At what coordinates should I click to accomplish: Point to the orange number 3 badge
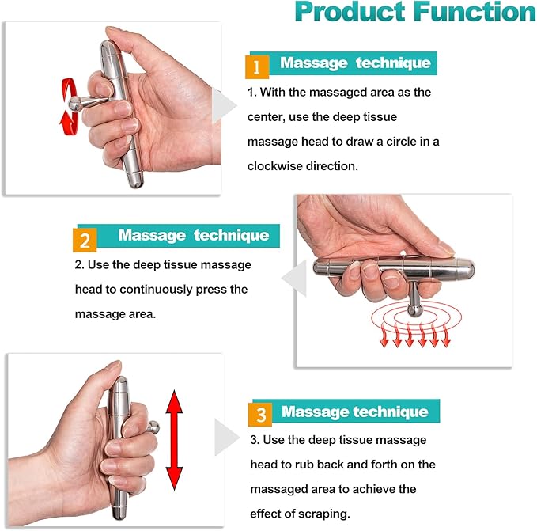[x=260, y=414]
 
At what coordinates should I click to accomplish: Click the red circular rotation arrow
[x=70, y=104]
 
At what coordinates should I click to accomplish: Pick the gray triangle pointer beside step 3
[x=227, y=437]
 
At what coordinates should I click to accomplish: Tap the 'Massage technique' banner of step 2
[x=193, y=236]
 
